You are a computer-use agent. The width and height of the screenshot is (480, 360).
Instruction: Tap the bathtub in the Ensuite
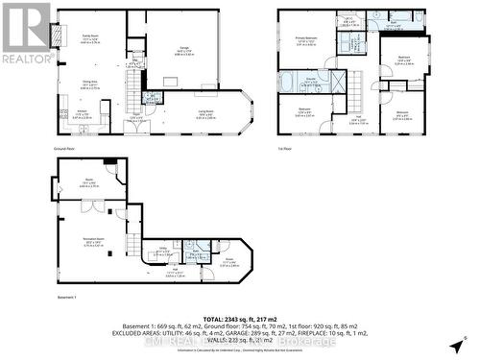290,84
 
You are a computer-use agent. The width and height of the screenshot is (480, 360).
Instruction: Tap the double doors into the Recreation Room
91,206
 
